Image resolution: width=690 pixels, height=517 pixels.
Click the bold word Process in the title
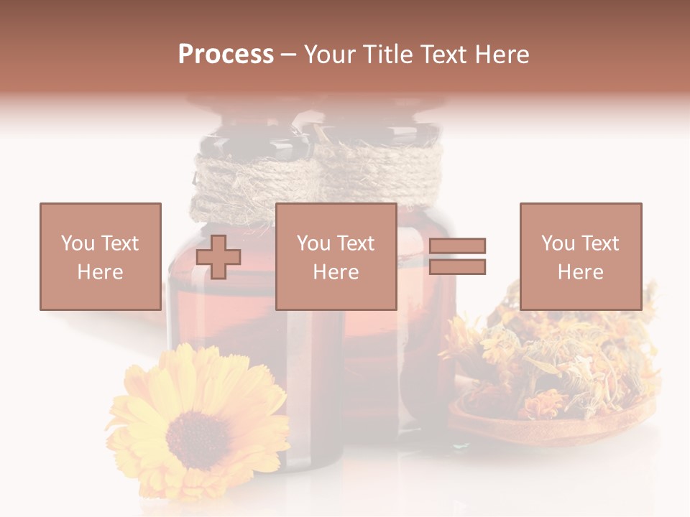[226, 55]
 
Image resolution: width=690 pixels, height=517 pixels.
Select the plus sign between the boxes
[218, 256]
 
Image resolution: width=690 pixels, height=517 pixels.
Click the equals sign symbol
[458, 256]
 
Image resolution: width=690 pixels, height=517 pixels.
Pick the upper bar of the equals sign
[458, 246]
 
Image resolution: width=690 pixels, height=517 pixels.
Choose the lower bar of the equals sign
[458, 267]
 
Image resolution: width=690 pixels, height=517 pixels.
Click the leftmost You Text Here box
[100, 256]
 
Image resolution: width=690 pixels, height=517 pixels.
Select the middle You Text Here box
[336, 256]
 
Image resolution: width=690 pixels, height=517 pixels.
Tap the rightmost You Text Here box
[580, 256]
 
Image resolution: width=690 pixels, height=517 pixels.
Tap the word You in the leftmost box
[77, 243]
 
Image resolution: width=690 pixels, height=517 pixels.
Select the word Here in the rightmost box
[580, 271]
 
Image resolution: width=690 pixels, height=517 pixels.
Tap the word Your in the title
[329, 55]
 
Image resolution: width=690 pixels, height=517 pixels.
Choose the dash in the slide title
[288, 55]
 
